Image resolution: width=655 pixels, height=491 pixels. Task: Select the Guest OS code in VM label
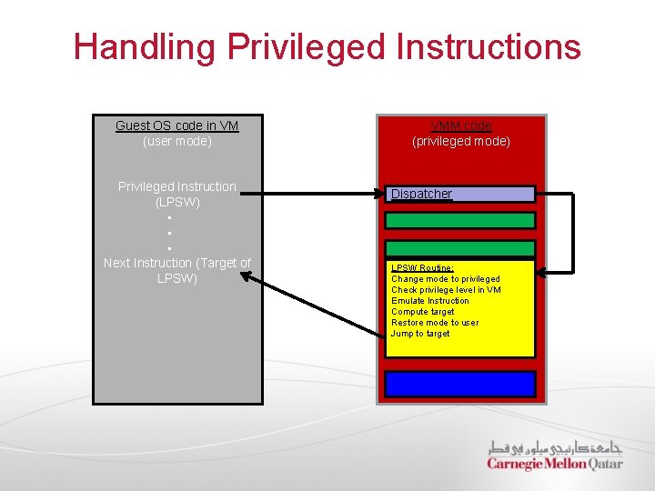176,125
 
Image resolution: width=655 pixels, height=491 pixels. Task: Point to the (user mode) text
176,142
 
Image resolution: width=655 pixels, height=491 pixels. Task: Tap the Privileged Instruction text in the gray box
176,186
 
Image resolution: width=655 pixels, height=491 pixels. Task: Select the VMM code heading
461,125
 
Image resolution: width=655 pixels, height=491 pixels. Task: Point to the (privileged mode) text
461,142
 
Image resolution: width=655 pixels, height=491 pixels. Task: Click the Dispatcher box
460,194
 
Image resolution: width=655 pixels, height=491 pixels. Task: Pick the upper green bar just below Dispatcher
460,220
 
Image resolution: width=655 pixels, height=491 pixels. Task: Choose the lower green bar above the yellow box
460,248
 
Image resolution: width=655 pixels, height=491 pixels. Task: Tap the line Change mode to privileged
445,279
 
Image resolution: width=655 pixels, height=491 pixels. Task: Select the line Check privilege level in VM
446,290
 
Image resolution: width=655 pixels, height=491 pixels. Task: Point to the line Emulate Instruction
429,301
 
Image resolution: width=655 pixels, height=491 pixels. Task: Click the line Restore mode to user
434,323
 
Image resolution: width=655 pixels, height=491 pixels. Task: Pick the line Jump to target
419,334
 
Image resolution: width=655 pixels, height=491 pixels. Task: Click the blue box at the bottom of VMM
460,384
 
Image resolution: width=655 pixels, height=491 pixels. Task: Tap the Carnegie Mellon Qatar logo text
555,464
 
